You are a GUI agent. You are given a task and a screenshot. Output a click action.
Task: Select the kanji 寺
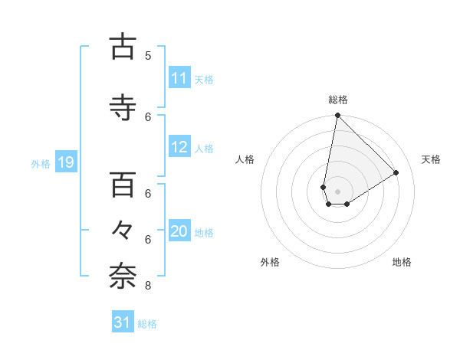[x=123, y=108]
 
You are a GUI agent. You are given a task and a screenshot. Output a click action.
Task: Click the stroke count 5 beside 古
[x=148, y=55]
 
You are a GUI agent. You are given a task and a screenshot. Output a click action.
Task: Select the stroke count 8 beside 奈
[x=148, y=286]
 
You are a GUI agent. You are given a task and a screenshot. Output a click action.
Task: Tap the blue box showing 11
[x=179, y=78]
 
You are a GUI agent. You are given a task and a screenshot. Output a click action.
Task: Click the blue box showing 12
[x=179, y=147]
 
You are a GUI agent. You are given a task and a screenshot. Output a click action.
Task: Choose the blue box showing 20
[x=179, y=232]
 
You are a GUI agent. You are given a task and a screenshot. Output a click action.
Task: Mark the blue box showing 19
[x=65, y=162]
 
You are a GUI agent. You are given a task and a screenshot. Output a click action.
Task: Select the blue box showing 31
[x=123, y=323]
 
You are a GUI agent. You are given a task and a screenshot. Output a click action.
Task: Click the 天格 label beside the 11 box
[x=204, y=79]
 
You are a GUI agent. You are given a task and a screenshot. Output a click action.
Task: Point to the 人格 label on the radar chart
[x=245, y=159]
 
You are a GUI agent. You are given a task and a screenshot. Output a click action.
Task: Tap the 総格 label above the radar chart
[x=338, y=100]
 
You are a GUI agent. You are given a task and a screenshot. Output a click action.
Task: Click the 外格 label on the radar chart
[x=270, y=262]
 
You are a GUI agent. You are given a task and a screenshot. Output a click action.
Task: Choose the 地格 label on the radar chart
[x=402, y=262]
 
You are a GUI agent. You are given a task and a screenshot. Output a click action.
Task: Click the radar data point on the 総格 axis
[x=337, y=116]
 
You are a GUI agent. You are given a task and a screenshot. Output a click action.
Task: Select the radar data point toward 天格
[x=396, y=172]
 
